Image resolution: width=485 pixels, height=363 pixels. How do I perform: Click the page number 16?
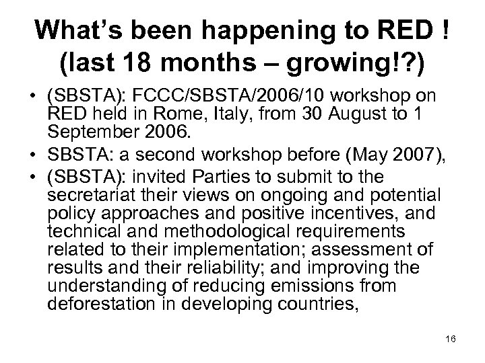coord(451,340)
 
